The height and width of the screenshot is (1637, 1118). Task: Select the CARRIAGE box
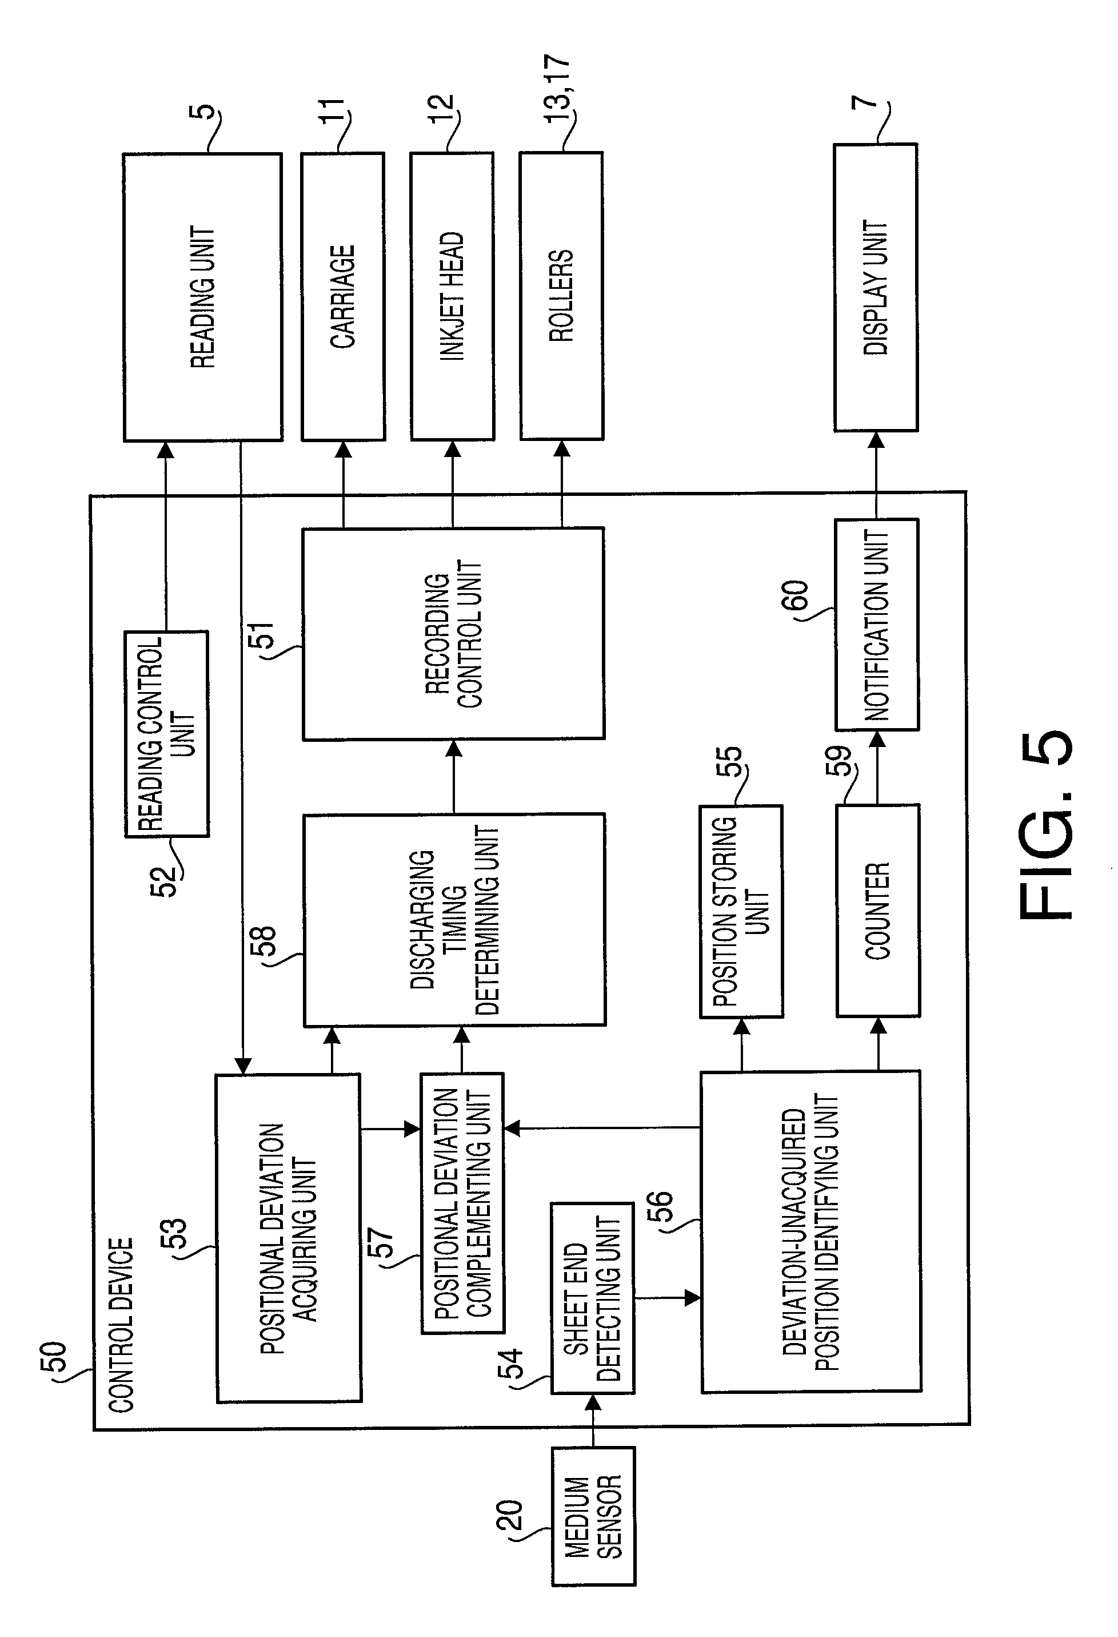point(343,296)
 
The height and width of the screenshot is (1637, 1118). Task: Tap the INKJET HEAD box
point(452,296)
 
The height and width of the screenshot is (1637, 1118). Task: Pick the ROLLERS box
point(561,296)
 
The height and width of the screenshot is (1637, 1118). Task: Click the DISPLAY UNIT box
point(876,287)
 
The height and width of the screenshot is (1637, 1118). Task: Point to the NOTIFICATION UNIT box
point(877,625)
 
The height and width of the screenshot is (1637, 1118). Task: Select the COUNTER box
point(878,911)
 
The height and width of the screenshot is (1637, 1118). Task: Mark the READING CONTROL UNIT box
point(167,734)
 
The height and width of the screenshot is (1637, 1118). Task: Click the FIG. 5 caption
point(1045,824)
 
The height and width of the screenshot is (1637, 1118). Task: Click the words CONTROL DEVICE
point(121,1324)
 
